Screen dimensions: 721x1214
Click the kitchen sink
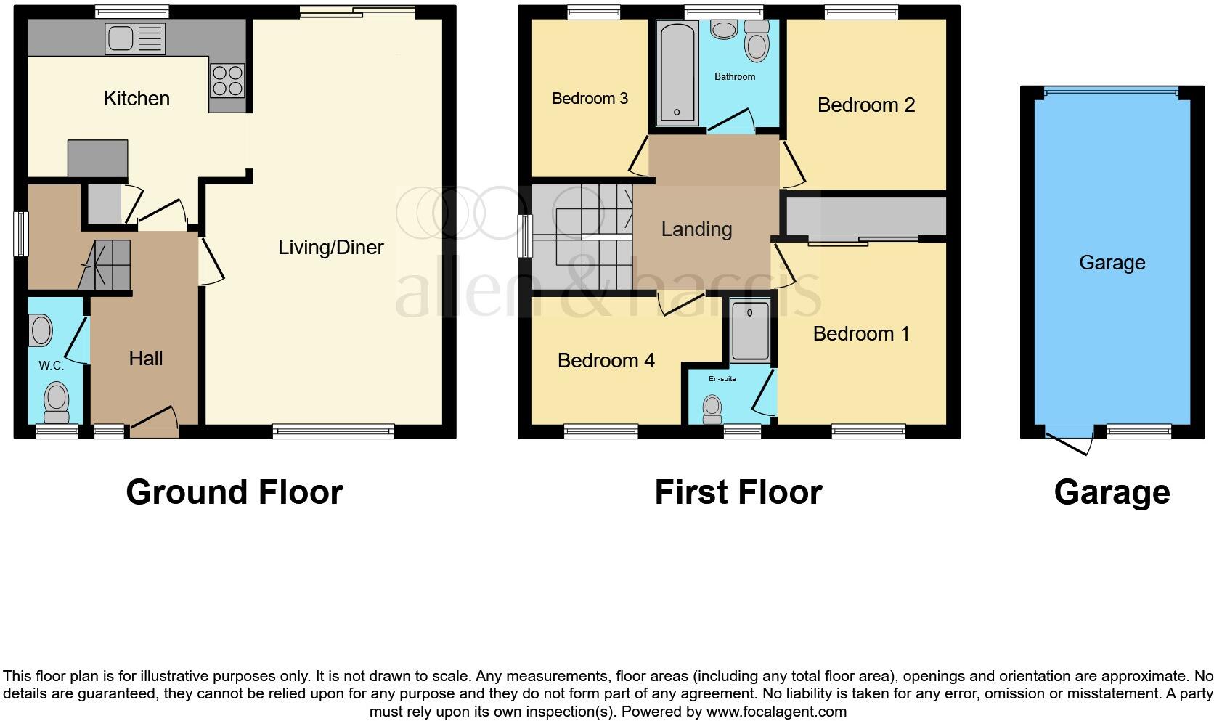pos(135,38)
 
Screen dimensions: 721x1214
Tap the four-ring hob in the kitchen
pos(227,80)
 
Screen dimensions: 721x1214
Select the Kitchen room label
pos(137,99)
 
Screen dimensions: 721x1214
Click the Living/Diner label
pos(330,248)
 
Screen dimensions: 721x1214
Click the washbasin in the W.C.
pos(41,330)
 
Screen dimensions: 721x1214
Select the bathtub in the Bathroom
pos(676,73)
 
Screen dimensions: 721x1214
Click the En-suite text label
pos(722,379)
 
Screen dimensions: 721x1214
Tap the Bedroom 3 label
pos(590,99)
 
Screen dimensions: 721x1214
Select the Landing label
pos(696,229)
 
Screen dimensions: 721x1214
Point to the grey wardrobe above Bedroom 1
pos(865,216)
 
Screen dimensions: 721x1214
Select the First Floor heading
pos(738,492)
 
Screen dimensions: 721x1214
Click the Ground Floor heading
pos(234,492)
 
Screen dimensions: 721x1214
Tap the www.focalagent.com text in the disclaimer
pos(776,712)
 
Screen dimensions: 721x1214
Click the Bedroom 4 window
pos(600,432)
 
